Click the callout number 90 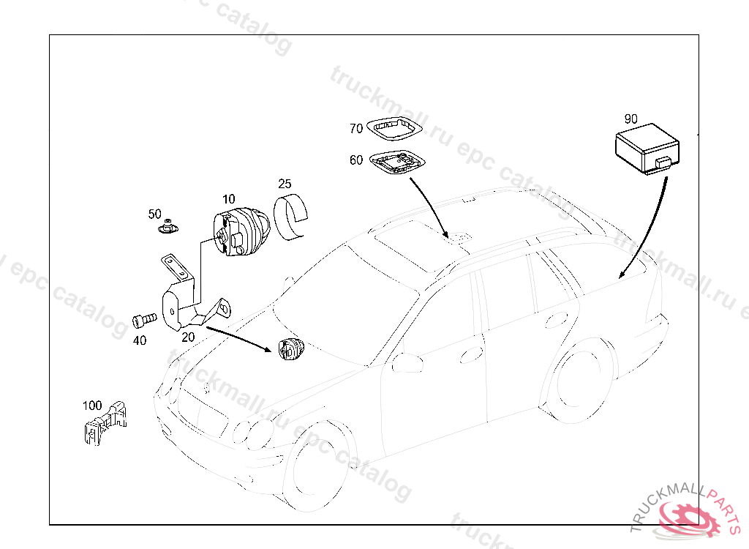631,119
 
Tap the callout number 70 356,129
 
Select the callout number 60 356,160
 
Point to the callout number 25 285,184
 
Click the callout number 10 229,199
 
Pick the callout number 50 155,214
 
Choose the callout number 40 140,340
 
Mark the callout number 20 188,337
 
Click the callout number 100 92,406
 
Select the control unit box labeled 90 647,149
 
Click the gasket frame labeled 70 394,129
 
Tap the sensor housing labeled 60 397,163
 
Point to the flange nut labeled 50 168,227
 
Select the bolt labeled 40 144,320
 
